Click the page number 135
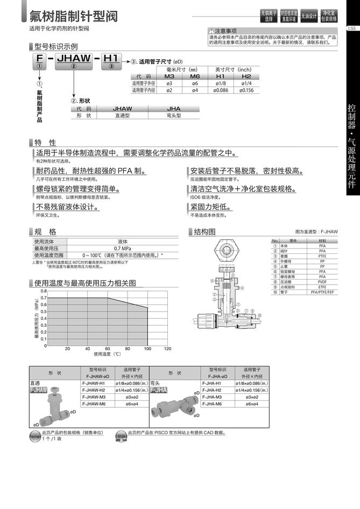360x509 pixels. pos(352,29)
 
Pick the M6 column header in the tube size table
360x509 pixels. pos(195,76)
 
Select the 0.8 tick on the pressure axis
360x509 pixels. pos(44,291)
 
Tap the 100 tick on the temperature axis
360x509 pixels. pos(147,349)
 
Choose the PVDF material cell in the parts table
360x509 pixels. pos(322,281)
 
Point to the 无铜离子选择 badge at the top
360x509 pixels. pos(269,16)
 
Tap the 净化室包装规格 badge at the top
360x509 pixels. pos(329,16)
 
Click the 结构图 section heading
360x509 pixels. pos(204,232)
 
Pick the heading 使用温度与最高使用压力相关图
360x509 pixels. pos(85,282)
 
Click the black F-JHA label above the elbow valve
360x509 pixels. pos(159,390)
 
